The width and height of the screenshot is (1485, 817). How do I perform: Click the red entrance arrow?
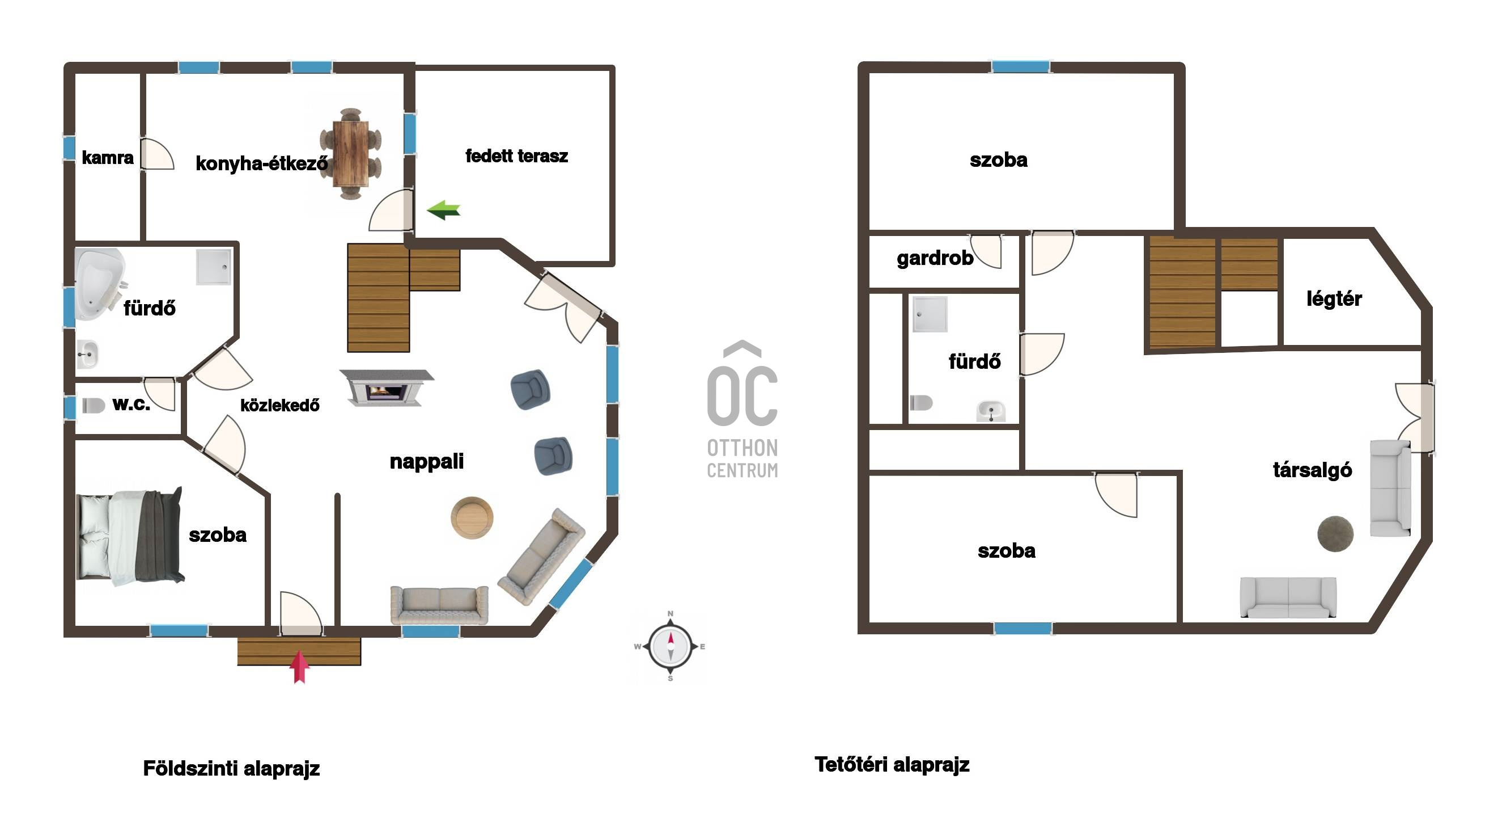pyautogui.click(x=299, y=667)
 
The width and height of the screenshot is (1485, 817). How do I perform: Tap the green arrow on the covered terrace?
pyautogui.click(x=443, y=210)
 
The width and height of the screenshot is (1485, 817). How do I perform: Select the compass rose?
pyautogui.click(x=671, y=646)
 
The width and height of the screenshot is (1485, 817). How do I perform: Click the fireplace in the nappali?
pyautogui.click(x=386, y=388)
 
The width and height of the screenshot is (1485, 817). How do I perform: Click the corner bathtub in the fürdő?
pyautogui.click(x=100, y=283)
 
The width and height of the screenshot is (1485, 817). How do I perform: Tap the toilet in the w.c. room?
pyautogui.click(x=94, y=405)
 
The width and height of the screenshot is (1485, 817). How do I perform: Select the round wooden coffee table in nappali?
pyautogui.click(x=472, y=517)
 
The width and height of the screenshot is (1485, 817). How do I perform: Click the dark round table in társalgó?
pyautogui.click(x=1335, y=534)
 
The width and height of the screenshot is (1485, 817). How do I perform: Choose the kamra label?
pyautogui.click(x=108, y=158)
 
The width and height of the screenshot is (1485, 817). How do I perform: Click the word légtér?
pyautogui.click(x=1334, y=298)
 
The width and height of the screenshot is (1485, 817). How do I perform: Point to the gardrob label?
pyautogui.click(x=935, y=258)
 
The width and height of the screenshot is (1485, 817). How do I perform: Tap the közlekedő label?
pyautogui.click(x=279, y=405)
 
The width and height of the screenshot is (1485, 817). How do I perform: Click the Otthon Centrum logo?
pyautogui.click(x=742, y=410)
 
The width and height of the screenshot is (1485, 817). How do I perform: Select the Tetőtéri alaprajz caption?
pyautogui.click(x=892, y=764)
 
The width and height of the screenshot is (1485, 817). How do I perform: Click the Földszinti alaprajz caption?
pyautogui.click(x=231, y=769)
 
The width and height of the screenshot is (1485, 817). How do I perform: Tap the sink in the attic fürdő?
pyautogui.click(x=991, y=411)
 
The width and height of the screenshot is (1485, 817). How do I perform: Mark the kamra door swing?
pyautogui.click(x=157, y=154)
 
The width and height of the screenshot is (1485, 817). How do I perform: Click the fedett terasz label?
pyautogui.click(x=516, y=156)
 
